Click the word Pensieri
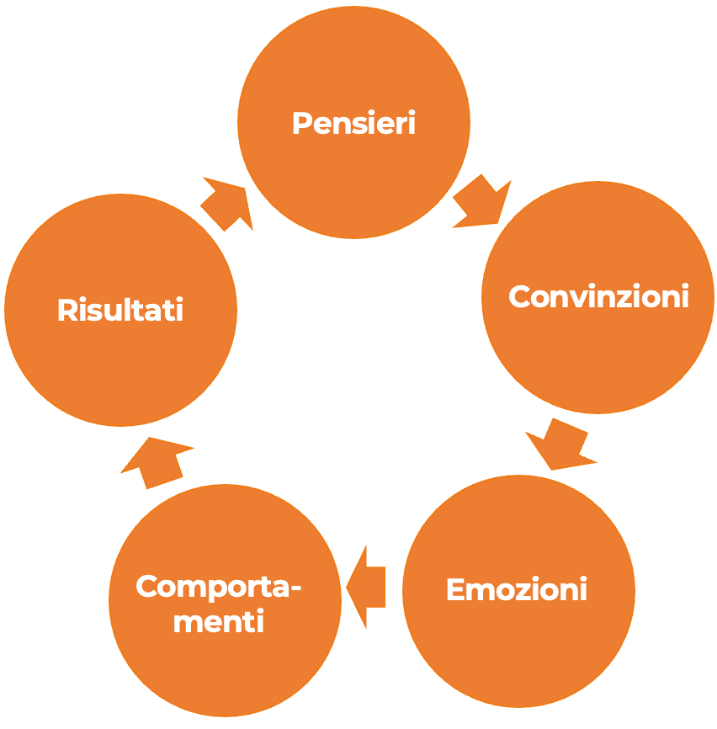[353, 124]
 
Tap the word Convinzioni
[598, 297]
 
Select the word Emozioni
[516, 589]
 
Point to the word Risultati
[120, 310]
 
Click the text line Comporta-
[219, 587]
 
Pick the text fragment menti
[225, 622]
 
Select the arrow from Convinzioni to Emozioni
[559, 444]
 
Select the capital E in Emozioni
[455, 589]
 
